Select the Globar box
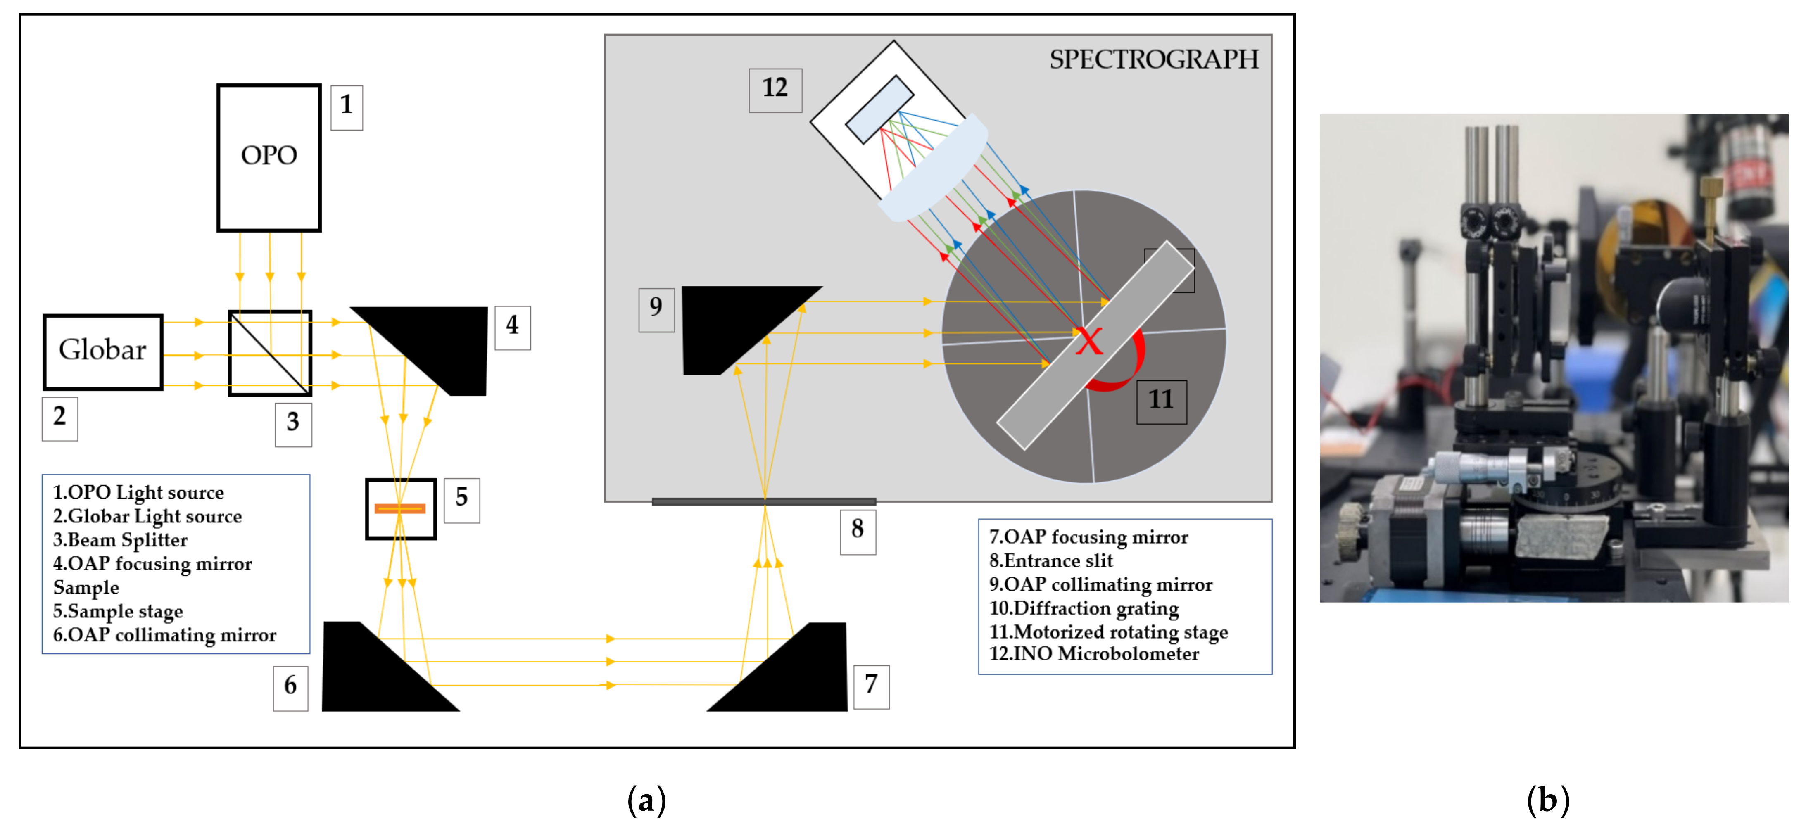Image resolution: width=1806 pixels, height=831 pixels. [103, 351]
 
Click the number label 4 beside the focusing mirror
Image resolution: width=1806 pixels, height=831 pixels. [513, 327]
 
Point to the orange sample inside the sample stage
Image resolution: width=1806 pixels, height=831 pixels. [399, 508]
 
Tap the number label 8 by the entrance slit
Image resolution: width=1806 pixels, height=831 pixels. [858, 530]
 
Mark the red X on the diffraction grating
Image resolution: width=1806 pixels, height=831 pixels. [1089, 342]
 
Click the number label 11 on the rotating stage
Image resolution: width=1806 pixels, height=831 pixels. [1161, 401]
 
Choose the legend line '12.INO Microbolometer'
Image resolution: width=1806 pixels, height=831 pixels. [1094, 654]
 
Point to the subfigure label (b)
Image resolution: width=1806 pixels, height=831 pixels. [1548, 800]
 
